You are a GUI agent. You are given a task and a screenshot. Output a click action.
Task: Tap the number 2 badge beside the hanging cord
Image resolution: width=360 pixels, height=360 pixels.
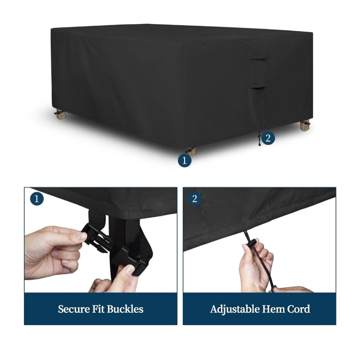pos(268,138)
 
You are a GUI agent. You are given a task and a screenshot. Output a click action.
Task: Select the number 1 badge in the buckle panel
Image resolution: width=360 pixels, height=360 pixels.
pos(37,199)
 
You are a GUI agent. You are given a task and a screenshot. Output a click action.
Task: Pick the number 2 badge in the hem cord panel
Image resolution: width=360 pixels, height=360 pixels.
pos(195,199)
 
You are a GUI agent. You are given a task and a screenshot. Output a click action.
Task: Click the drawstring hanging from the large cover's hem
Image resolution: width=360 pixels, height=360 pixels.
pos(259,138)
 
